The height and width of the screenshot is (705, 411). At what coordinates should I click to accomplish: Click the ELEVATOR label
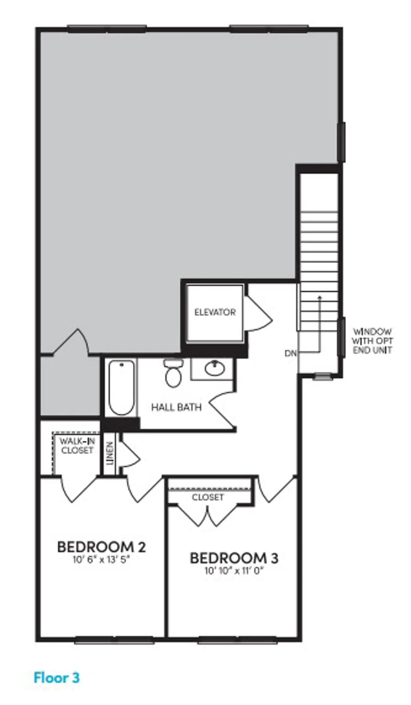tap(215, 312)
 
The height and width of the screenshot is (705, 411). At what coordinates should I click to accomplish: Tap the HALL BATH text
tap(176, 407)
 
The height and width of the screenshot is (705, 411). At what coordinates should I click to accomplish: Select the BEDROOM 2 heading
tap(101, 547)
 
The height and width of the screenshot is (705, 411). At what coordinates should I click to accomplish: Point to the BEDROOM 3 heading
tap(234, 558)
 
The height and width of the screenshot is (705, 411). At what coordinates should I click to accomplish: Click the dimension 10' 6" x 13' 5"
tap(101, 560)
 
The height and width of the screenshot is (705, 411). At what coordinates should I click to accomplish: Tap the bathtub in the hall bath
tap(122, 388)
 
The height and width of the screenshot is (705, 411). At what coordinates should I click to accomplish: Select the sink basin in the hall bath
tap(215, 368)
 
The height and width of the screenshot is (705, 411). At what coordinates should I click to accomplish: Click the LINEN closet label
tap(109, 453)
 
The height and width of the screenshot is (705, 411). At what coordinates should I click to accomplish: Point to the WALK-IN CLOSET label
tap(77, 446)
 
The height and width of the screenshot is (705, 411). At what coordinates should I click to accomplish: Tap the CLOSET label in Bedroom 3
tap(208, 497)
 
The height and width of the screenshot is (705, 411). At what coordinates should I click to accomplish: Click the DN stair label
tap(291, 353)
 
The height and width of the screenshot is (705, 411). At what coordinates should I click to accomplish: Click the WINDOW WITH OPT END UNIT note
tap(372, 341)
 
